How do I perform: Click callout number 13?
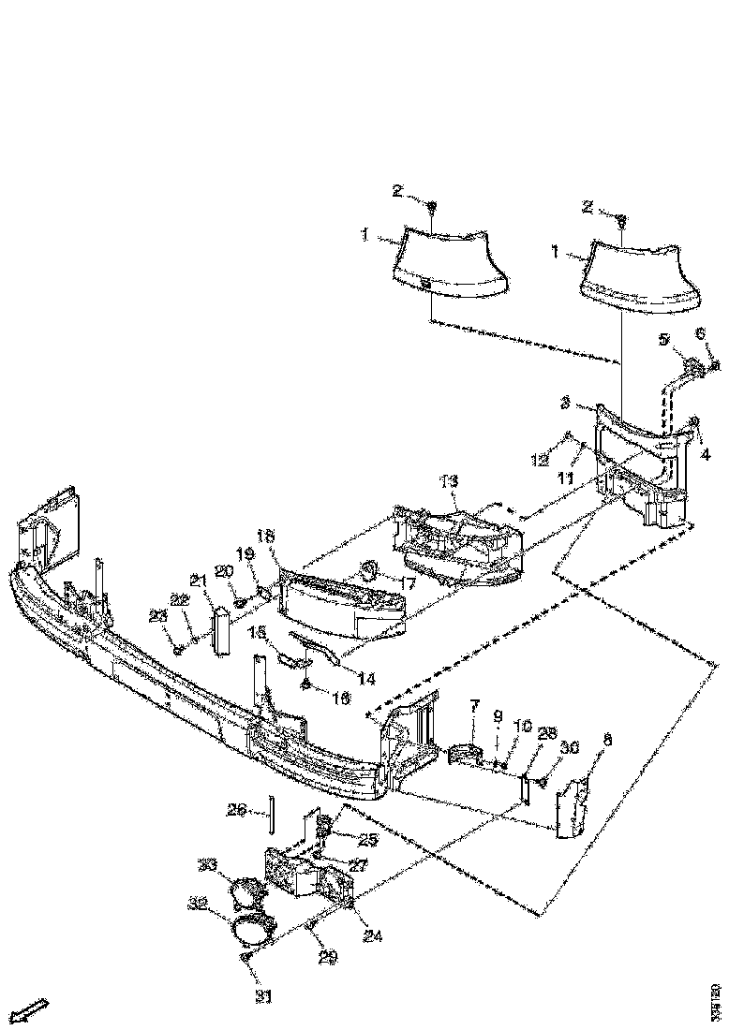pyautogui.click(x=450, y=481)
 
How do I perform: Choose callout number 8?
pyautogui.click(x=607, y=740)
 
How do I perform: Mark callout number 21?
pyautogui.click(x=198, y=581)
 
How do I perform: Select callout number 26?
pyautogui.click(x=237, y=811)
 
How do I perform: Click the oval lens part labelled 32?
pyautogui.click(x=250, y=931)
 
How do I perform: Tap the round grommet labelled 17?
pyautogui.click(x=368, y=568)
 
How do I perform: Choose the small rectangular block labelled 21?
pyautogui.click(x=223, y=630)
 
